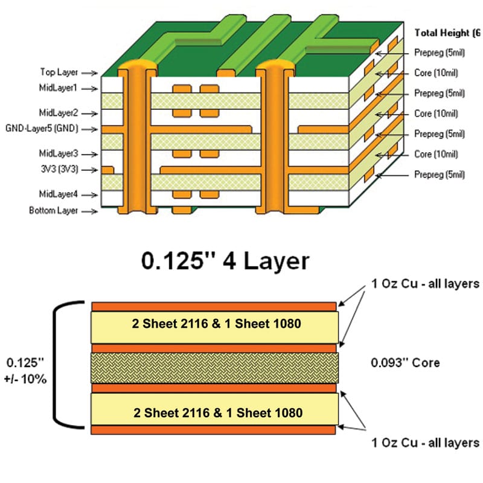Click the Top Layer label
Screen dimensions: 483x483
pos(59,72)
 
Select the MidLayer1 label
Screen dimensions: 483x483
pos(58,88)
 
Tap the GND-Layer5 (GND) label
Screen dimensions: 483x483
pos(42,129)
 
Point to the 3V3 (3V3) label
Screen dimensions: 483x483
pos(59,170)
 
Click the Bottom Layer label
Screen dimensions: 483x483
pos(54,211)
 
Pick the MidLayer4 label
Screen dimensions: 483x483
pos(59,194)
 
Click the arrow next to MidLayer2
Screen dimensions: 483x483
pos(90,114)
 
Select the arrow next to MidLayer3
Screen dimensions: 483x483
pos(90,155)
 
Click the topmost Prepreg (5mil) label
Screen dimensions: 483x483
pos(440,53)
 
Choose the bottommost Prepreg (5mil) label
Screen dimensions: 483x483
pos(440,174)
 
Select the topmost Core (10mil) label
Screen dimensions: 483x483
pos(436,73)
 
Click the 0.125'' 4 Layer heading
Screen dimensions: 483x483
pos(225,261)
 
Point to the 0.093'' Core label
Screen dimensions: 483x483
pos(405,363)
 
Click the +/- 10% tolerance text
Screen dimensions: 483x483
pos(25,379)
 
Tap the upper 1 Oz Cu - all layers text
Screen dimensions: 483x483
pos(426,284)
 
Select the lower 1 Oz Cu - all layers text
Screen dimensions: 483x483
pos(426,443)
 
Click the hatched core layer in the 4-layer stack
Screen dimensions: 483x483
pos(214,368)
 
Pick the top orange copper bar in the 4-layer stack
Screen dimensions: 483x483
pos(214,307)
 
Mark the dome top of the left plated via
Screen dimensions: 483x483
pos(137,65)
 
